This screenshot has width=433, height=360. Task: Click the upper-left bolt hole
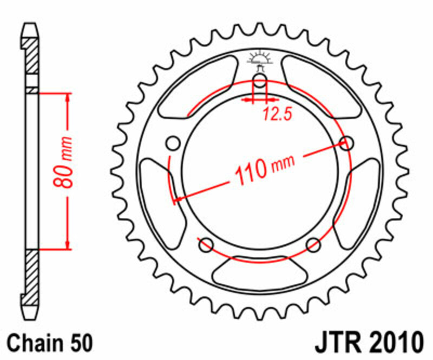tap(173, 143)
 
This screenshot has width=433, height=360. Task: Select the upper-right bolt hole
tap(347, 143)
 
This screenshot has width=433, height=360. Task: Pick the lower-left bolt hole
tap(206, 245)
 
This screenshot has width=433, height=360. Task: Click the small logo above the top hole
tap(259, 59)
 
